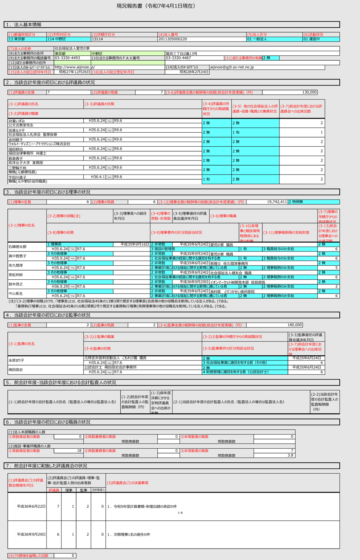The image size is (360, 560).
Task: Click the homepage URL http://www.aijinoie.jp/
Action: coord(75,67)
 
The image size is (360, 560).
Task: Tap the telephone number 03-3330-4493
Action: coord(67,58)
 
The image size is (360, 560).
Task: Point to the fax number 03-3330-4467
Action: coord(178,58)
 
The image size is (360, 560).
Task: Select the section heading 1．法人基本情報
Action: coord(23,25)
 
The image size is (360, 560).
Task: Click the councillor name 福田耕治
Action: coord(16,149)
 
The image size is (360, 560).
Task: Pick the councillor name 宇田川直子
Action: coord(18,177)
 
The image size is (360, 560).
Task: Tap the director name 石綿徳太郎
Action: coord(18,247)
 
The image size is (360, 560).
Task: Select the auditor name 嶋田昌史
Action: coord(16,369)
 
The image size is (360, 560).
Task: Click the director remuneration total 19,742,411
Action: coord(277,202)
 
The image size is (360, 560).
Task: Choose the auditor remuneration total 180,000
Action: coord(295,325)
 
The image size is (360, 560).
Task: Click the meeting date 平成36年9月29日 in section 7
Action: coord(31,534)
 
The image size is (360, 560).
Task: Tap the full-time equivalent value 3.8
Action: coord(290,455)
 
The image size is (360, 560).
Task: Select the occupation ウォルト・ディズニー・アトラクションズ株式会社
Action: coord(39,144)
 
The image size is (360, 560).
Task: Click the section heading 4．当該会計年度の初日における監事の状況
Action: coord(48,315)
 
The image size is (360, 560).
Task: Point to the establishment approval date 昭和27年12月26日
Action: coord(74,72)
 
